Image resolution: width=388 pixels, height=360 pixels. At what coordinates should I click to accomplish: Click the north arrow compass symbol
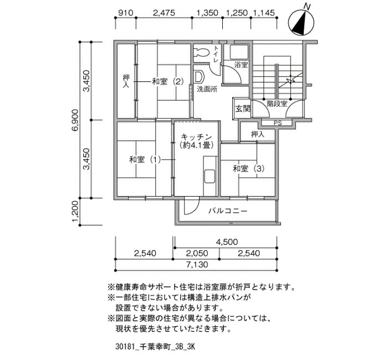click(302, 22)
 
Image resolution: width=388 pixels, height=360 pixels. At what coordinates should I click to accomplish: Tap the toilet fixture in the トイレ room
click(202, 52)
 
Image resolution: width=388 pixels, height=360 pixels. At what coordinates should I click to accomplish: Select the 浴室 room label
click(241, 65)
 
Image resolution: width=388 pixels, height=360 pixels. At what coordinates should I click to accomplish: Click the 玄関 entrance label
click(243, 109)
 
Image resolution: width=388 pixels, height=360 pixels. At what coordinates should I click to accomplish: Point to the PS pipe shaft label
click(278, 123)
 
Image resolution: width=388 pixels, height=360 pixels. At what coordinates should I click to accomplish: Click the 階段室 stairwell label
click(277, 104)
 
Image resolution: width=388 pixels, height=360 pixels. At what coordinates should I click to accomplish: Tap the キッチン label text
click(197, 137)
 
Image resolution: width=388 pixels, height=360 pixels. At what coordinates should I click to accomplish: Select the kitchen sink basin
click(210, 176)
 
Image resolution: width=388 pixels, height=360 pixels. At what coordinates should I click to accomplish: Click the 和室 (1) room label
click(145, 160)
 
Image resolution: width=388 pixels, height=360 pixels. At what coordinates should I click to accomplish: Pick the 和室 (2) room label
click(168, 81)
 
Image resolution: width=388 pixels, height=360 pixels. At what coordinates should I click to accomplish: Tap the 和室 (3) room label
click(248, 168)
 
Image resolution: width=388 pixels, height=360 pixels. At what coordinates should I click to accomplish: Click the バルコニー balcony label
click(228, 211)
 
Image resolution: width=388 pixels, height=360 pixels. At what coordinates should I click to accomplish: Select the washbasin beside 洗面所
click(199, 77)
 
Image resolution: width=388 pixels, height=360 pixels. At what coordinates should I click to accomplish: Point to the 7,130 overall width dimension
click(197, 265)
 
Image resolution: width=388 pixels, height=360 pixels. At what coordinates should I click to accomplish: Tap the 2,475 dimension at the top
click(164, 13)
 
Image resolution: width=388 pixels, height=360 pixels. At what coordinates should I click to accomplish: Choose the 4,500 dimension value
click(227, 242)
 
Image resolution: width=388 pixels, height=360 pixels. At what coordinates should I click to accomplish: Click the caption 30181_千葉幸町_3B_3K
click(155, 347)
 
